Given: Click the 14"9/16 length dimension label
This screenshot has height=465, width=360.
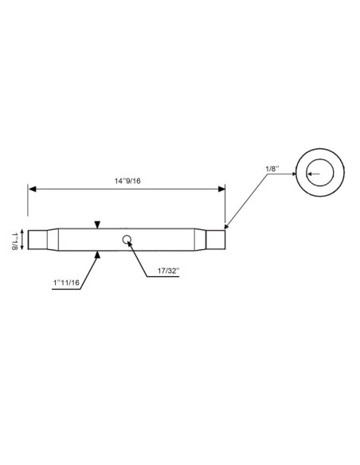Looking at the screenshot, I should pos(127,181).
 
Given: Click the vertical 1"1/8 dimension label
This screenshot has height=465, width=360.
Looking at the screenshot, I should pos(14,240).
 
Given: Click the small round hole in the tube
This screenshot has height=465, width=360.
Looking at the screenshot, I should pos(126,239).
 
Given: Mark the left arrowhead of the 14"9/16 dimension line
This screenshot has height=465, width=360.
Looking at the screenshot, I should pos(33,189).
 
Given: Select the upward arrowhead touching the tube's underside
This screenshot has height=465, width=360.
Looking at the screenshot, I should pos(97,253).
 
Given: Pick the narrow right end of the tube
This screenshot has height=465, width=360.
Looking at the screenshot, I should pos(215,239).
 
